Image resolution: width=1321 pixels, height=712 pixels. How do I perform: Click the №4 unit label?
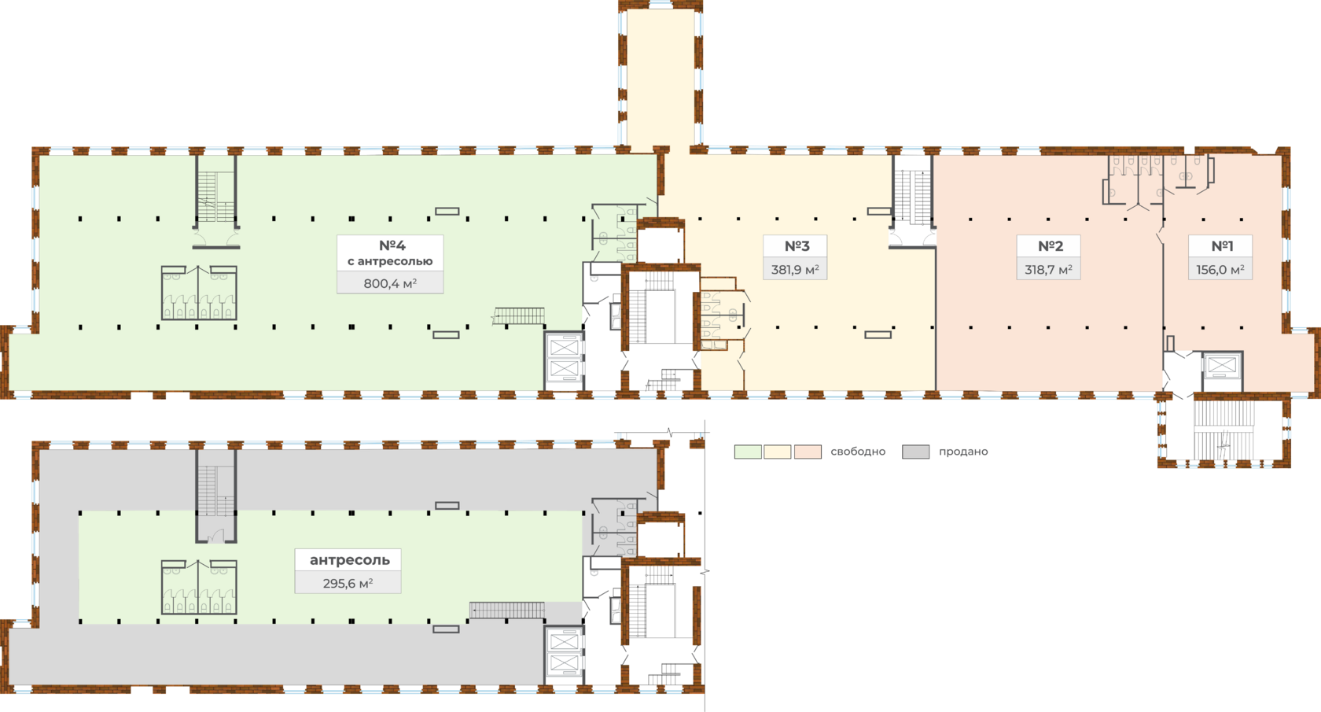point(392,245)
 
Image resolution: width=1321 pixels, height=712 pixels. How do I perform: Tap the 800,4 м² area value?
point(390,283)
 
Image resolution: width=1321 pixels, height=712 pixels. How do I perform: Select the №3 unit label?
point(797,246)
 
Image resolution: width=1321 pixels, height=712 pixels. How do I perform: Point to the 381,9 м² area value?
point(795,270)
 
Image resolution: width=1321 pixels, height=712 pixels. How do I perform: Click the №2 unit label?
point(1050,246)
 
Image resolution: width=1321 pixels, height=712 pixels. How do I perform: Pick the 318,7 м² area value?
point(1048,270)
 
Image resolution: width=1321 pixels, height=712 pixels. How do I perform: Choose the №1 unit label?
point(1221,246)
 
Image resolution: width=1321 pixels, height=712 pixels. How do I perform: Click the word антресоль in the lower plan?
point(349,560)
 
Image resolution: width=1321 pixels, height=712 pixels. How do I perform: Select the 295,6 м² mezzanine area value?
point(348,584)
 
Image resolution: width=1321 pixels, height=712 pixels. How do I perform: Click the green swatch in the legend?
point(748,452)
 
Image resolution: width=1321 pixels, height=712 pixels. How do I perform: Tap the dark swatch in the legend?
point(916,452)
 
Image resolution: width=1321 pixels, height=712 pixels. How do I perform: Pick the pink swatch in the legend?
point(808,452)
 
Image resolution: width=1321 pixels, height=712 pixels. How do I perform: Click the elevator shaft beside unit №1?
point(1221,370)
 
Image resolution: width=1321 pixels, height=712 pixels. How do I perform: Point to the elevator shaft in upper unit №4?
point(565,360)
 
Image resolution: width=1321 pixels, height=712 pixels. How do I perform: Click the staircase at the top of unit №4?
point(216,197)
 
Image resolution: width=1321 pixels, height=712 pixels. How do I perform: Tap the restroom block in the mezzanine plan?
point(199,587)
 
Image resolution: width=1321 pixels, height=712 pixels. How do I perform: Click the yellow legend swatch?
point(778,452)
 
